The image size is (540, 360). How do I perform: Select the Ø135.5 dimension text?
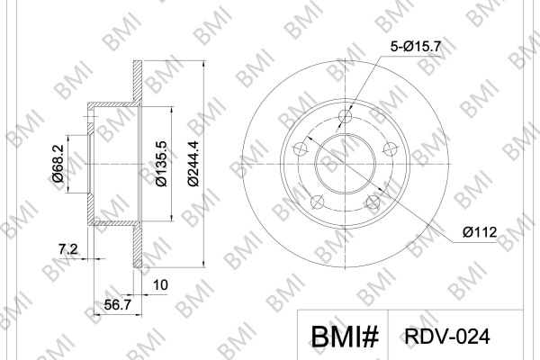click(161, 164)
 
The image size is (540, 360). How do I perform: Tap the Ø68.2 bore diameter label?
click(58, 163)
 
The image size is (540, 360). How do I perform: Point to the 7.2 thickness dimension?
click(68, 248)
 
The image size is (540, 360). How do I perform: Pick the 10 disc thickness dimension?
click(160, 285)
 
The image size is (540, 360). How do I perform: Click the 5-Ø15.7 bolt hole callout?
click(416, 46)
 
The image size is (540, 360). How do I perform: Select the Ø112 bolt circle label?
click(480, 232)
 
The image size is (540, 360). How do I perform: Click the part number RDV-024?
click(447, 337)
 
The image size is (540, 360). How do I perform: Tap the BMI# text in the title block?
click(345, 337)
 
